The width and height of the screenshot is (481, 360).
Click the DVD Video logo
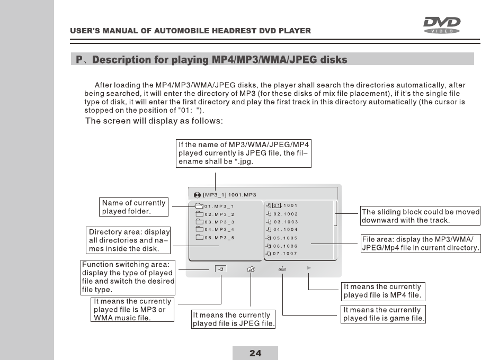[441, 24]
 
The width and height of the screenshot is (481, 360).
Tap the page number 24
[255, 353]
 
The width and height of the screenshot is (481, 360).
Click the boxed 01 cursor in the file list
[277, 206]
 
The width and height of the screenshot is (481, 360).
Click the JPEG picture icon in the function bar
[251, 269]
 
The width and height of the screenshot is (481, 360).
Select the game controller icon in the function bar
[283, 268]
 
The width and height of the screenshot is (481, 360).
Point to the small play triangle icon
[309, 268]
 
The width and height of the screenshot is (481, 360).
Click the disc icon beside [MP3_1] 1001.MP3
[197, 194]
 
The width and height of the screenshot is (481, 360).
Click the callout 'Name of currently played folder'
[134, 207]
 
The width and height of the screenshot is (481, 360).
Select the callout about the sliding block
[420, 216]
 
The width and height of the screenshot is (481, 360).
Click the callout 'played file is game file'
[384, 314]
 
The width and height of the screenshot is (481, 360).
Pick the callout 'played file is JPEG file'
[233, 319]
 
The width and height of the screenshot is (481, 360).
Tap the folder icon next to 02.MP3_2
[199, 214]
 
